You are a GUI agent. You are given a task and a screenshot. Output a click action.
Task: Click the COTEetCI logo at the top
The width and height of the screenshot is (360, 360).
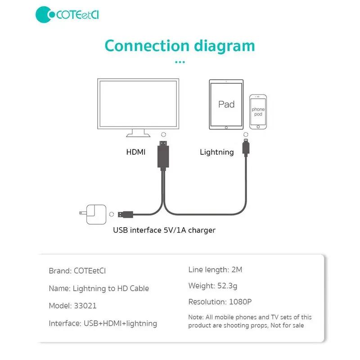pos(67,15)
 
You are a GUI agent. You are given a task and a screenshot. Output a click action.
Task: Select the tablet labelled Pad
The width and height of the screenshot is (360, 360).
pos(226,104)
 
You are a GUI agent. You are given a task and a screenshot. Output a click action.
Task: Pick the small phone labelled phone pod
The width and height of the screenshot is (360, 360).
pos(258,112)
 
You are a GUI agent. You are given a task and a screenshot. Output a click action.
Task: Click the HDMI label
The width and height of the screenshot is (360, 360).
pos(136,152)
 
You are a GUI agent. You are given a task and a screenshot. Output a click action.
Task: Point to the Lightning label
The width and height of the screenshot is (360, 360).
pos(216,152)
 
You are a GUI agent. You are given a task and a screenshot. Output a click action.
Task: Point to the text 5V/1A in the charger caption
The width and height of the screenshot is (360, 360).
pos(174,230)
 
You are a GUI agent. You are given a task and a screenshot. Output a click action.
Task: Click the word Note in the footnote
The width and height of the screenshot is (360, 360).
pos(196,317)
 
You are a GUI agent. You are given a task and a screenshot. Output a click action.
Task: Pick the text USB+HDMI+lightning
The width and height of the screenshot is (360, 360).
pos(120,323)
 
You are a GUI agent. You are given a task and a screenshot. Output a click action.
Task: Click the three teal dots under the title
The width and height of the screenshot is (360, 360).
pos(180,62)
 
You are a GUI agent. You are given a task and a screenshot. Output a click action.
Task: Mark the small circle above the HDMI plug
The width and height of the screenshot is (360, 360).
pos(163,135)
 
